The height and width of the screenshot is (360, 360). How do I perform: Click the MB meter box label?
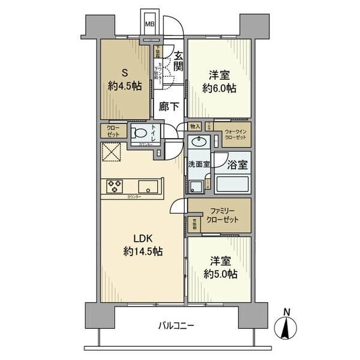[150, 25]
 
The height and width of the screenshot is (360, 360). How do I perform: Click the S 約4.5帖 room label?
[125, 79]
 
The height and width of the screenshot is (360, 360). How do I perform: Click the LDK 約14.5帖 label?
[141, 244]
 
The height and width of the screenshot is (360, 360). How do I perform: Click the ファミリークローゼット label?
[224, 215]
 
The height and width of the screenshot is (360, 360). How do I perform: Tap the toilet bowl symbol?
[139, 133]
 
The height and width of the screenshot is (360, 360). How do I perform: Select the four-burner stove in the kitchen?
[114, 187]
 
